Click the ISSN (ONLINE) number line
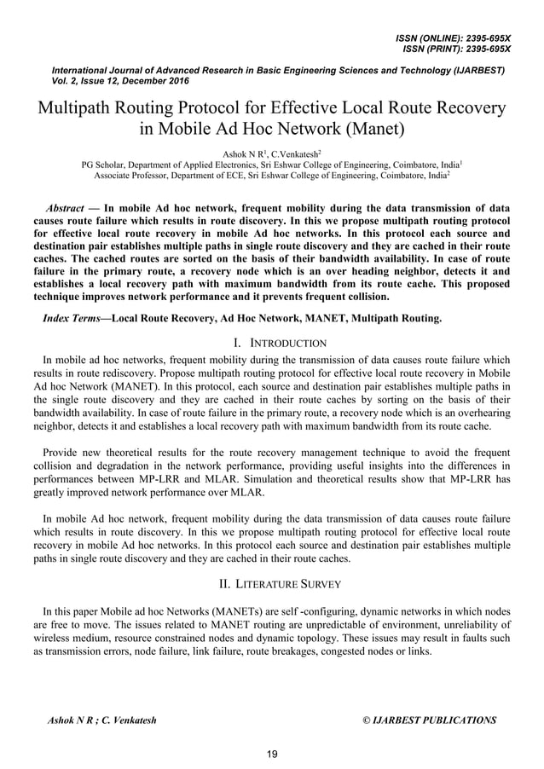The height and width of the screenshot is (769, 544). pos(453,38)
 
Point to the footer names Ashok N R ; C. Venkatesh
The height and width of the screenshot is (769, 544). pos(101,720)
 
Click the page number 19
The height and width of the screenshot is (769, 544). pos(272,754)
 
